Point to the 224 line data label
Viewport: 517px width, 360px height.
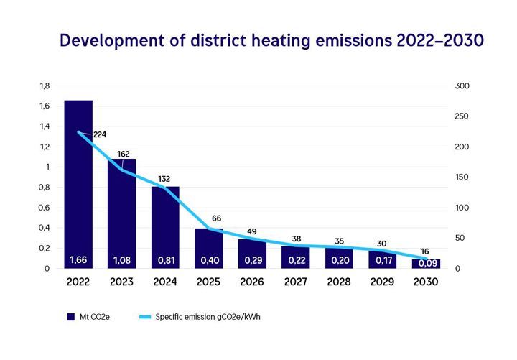(99, 134)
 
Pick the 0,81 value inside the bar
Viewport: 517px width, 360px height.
(165, 259)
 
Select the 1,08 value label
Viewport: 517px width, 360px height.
(121, 259)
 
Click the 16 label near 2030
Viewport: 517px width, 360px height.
(425, 252)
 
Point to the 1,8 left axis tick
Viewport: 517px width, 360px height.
(45, 86)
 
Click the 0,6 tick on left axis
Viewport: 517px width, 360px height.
(45, 208)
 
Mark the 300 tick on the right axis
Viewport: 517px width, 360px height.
(462, 86)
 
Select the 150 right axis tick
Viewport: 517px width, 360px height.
(462, 177)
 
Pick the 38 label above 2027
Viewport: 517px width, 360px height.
(297, 239)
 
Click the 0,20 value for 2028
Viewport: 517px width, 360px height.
(339, 259)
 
